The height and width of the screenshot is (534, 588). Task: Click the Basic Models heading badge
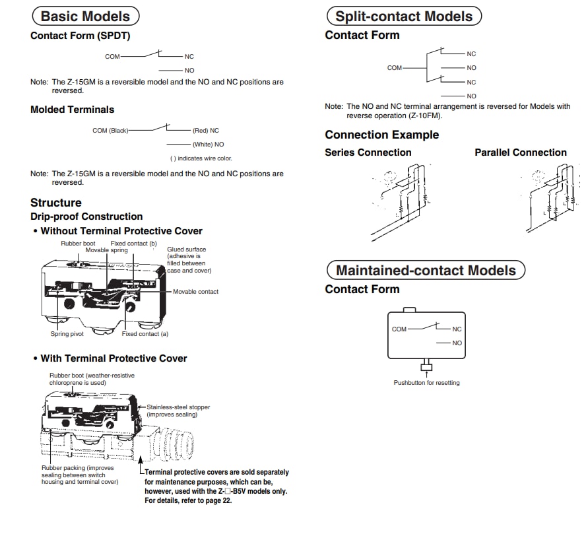click(85, 17)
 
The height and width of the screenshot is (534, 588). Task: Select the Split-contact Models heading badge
click(404, 17)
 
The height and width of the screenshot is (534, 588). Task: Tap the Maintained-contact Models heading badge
click(426, 270)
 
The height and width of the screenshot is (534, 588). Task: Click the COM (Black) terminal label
click(110, 131)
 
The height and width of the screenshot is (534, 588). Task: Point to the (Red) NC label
click(205, 131)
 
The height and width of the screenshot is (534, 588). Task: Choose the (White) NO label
click(208, 144)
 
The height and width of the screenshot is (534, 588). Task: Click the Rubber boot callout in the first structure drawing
click(78, 244)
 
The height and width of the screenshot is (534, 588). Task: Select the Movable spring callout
click(106, 251)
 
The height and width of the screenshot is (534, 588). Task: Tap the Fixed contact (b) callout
click(133, 244)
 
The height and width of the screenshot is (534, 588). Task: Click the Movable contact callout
click(195, 291)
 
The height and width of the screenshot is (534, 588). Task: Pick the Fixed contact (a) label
click(145, 334)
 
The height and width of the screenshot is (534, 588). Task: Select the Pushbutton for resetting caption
click(426, 383)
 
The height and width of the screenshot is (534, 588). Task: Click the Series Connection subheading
click(368, 152)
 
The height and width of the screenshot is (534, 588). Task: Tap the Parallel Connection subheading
click(520, 152)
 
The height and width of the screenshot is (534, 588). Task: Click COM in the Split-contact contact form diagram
click(395, 68)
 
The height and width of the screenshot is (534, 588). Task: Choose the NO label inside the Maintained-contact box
click(457, 343)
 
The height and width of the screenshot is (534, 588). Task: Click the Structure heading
click(56, 203)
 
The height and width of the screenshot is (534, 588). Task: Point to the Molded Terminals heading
click(72, 110)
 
